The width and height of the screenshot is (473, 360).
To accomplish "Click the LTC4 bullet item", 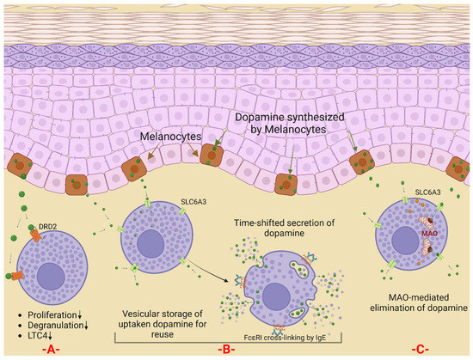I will tap(35, 328).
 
